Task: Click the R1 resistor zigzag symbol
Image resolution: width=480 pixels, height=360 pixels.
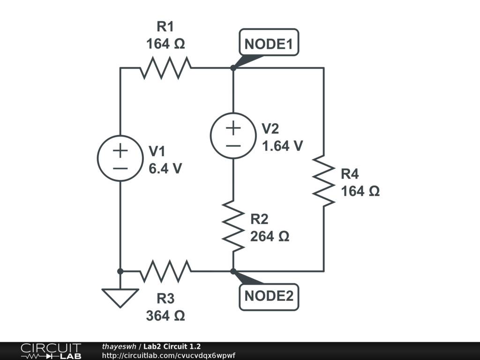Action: click(165, 68)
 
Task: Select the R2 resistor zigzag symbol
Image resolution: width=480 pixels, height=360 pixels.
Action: click(233, 225)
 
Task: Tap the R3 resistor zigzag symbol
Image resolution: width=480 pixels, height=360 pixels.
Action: click(165, 271)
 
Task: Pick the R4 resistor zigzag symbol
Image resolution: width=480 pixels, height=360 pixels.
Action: click(323, 180)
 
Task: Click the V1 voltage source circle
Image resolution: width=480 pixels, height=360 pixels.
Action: click(120, 158)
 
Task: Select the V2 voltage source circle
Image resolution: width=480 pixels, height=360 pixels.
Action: click(233, 135)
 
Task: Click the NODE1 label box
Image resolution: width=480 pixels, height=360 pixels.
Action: click(269, 44)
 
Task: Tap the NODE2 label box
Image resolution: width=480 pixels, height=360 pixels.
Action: click(269, 296)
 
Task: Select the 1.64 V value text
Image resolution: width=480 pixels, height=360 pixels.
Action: click(282, 146)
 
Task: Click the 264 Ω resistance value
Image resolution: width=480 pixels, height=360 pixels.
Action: click(270, 236)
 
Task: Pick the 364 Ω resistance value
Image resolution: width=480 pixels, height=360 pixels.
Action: click(165, 316)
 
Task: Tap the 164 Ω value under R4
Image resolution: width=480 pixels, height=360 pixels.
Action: click(360, 191)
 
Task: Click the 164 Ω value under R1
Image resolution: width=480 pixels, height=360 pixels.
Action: click(165, 44)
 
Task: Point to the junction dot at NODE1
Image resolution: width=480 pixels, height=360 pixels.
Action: click(233, 68)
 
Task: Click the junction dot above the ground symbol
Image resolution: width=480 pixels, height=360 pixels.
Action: click(120, 271)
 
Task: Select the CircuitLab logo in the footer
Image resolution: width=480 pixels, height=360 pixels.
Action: click(50, 351)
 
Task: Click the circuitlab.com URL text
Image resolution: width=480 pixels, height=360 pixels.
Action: click(168, 355)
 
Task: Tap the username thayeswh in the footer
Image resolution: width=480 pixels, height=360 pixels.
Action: click(119, 346)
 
